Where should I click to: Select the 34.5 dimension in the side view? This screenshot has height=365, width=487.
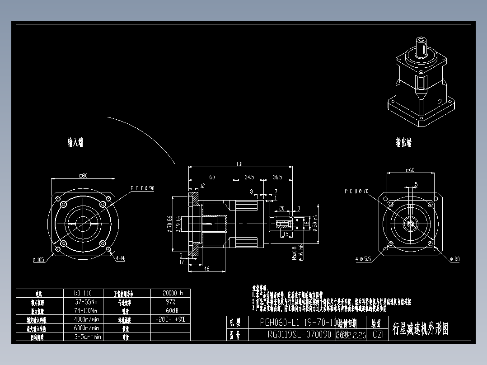(249, 178)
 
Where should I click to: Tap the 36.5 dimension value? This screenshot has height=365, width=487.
(277, 178)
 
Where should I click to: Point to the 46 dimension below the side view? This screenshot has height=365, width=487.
(206, 269)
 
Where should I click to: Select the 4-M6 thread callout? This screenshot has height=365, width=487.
(121, 259)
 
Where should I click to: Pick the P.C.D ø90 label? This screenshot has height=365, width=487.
(142, 188)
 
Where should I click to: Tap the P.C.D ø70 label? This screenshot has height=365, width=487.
(357, 191)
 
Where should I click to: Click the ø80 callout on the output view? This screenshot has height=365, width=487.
(454, 259)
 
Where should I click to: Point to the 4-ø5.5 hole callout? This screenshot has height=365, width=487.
(363, 259)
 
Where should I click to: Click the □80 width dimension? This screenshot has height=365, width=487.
(84, 175)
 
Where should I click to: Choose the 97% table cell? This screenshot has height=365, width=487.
(170, 302)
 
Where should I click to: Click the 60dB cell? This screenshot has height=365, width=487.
(170, 311)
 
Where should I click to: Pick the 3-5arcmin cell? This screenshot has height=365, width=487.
(87, 337)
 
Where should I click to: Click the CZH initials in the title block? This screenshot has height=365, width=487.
(379, 335)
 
